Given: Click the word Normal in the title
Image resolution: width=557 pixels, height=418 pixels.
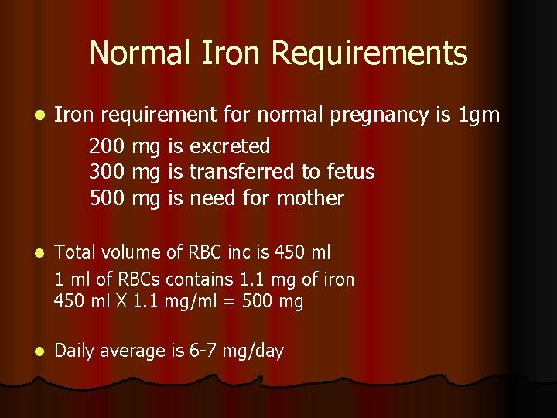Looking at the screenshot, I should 138,53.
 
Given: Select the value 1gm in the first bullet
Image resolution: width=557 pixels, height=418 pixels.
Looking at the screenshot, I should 480,115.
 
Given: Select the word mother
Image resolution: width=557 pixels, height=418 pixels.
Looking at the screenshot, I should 309,197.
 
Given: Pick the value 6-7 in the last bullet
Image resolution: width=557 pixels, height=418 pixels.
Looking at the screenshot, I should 203,351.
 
